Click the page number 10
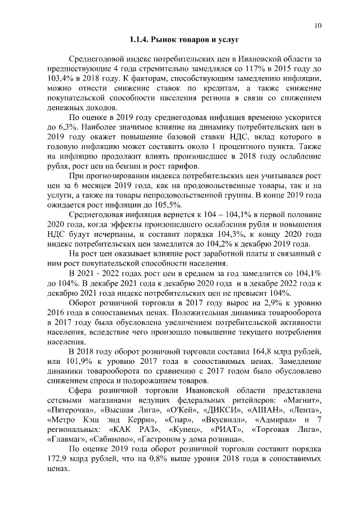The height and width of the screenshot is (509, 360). (x=318, y=25)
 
